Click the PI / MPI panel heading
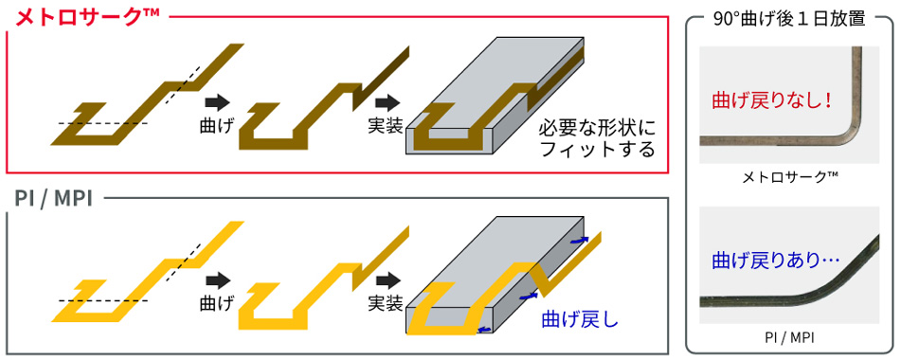click(56, 198)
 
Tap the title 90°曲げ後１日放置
click(788, 19)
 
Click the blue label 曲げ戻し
click(580, 318)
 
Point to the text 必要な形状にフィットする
click(597, 138)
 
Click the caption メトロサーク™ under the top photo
click(788, 177)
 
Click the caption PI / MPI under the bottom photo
click(788, 335)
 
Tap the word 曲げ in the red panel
click(216, 123)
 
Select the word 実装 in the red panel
click(386, 123)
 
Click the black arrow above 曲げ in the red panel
click(217, 99)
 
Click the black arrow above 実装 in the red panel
click(386, 99)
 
